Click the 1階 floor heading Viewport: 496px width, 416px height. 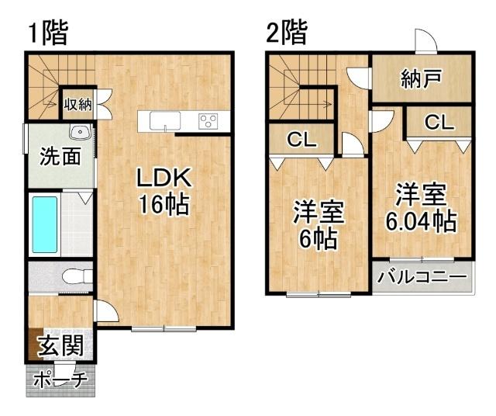48,33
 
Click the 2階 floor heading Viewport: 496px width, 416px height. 286,33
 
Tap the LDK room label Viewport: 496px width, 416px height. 164,178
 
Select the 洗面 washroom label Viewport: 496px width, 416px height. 60,157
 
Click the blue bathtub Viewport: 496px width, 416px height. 43,224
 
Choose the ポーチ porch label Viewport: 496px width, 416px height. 61,380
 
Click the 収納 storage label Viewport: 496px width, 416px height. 79,103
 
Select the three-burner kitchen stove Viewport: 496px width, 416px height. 209,120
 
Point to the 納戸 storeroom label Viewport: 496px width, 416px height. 422,78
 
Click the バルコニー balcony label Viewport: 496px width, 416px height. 422,276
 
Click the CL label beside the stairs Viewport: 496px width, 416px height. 301,140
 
